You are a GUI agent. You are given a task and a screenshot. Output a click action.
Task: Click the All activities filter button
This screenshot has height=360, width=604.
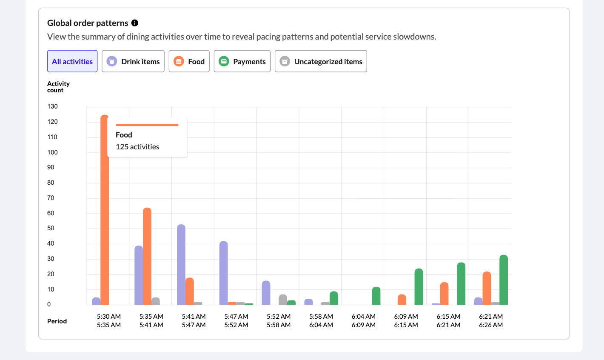[72, 61]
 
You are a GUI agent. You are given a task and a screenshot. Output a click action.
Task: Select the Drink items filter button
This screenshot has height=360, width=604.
[133, 61]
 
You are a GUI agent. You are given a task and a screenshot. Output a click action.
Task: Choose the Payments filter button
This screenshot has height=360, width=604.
[242, 61]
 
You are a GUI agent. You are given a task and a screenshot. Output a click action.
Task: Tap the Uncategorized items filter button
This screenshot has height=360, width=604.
[321, 61]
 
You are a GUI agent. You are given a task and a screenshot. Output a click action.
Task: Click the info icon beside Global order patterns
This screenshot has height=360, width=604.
[135, 23]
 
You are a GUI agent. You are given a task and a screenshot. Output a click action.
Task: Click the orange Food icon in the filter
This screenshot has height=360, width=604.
[179, 61]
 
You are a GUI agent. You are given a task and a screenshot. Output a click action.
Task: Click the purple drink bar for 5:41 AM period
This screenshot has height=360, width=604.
[181, 264]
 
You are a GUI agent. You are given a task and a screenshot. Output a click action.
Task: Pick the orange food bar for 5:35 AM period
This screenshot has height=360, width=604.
[147, 255]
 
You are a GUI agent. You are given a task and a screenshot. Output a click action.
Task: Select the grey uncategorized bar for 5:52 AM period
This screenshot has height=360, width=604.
[283, 300]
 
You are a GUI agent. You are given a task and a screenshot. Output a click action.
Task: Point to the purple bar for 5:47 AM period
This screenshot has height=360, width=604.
[224, 272]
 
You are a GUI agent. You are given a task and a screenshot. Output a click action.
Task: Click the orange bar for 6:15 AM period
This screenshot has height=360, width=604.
[444, 294]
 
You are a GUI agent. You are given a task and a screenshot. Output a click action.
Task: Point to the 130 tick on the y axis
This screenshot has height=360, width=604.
[52, 106]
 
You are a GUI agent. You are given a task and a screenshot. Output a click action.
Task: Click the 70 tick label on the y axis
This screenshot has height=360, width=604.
[51, 198]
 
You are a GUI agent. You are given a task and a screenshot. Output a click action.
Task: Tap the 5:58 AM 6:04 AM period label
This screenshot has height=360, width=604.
[321, 320]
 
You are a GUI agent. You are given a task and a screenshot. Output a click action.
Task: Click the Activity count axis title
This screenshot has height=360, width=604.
[58, 87]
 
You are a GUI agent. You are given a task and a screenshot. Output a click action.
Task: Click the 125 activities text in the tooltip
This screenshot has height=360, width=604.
[137, 147]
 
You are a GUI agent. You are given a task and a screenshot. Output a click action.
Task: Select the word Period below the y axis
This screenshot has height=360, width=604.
[57, 321]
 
